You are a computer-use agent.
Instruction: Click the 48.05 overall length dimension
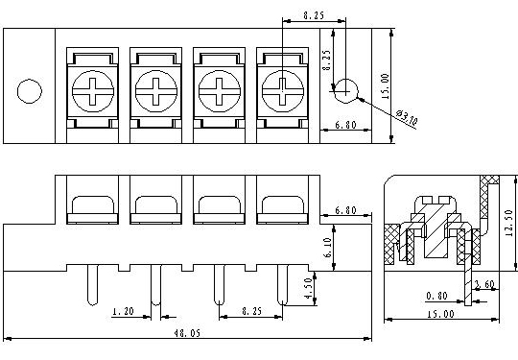(x=187, y=333)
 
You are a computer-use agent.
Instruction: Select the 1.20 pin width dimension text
(x=123, y=311)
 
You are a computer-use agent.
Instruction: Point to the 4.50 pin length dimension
(x=308, y=288)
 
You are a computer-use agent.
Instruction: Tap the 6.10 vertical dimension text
(x=328, y=248)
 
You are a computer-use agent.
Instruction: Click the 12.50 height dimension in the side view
(x=508, y=223)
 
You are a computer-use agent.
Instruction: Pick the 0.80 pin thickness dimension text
(x=436, y=296)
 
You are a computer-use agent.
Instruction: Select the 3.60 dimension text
(x=484, y=284)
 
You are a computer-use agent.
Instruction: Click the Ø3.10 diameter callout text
(x=407, y=117)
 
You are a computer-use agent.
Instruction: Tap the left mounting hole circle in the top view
(x=30, y=91)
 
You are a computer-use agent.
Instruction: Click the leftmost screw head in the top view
(x=93, y=91)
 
